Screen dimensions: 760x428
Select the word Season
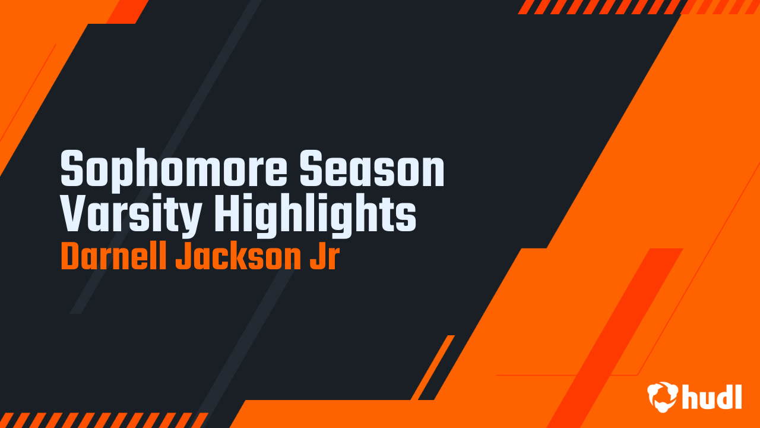(x=372, y=168)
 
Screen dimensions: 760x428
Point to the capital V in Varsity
(x=74, y=212)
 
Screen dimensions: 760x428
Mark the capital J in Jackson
(x=183, y=255)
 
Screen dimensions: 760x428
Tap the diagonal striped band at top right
(x=638, y=7)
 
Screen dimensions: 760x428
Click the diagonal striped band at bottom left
(x=104, y=420)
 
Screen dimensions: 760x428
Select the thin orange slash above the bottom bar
(x=433, y=367)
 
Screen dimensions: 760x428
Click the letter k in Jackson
(x=246, y=255)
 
